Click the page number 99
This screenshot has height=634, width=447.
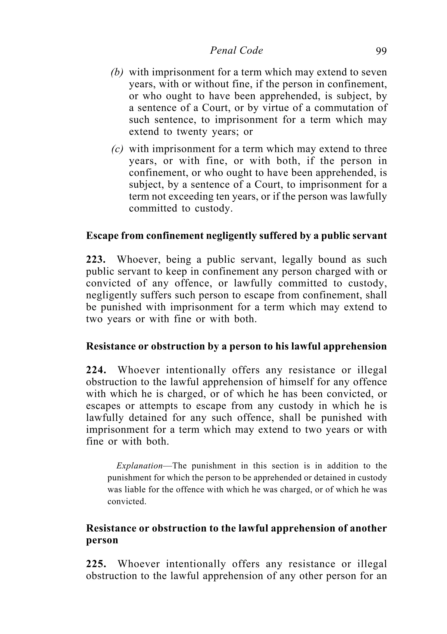[x=381, y=51]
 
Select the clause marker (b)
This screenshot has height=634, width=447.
[x=117, y=72]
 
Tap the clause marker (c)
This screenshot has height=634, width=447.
[x=117, y=149]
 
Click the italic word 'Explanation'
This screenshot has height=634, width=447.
[x=139, y=466]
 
